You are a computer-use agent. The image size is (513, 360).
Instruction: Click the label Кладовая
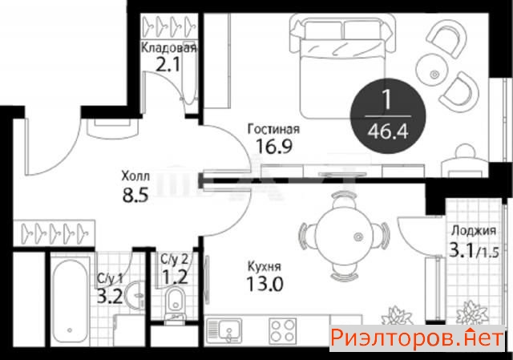click(x=169, y=48)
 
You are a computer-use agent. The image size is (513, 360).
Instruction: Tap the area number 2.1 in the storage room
click(x=168, y=65)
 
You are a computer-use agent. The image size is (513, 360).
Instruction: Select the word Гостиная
click(x=273, y=129)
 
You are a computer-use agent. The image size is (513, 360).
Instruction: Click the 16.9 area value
click(x=273, y=146)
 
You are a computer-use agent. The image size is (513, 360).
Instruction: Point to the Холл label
click(x=135, y=176)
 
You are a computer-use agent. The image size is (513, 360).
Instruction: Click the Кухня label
click(x=265, y=266)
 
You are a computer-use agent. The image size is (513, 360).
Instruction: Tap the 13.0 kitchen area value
click(x=265, y=283)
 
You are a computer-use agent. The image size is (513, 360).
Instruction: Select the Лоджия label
click(x=474, y=231)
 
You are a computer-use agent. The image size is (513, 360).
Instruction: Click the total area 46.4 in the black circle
click(x=388, y=131)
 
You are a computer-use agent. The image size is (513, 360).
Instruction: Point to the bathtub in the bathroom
click(x=71, y=301)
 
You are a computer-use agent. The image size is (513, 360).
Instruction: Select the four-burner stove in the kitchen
click(x=283, y=330)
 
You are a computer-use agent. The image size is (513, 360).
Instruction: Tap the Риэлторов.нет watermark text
click(x=417, y=338)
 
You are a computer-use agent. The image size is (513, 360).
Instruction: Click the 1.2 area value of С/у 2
click(x=176, y=277)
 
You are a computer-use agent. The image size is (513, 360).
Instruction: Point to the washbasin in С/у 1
click(x=135, y=295)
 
